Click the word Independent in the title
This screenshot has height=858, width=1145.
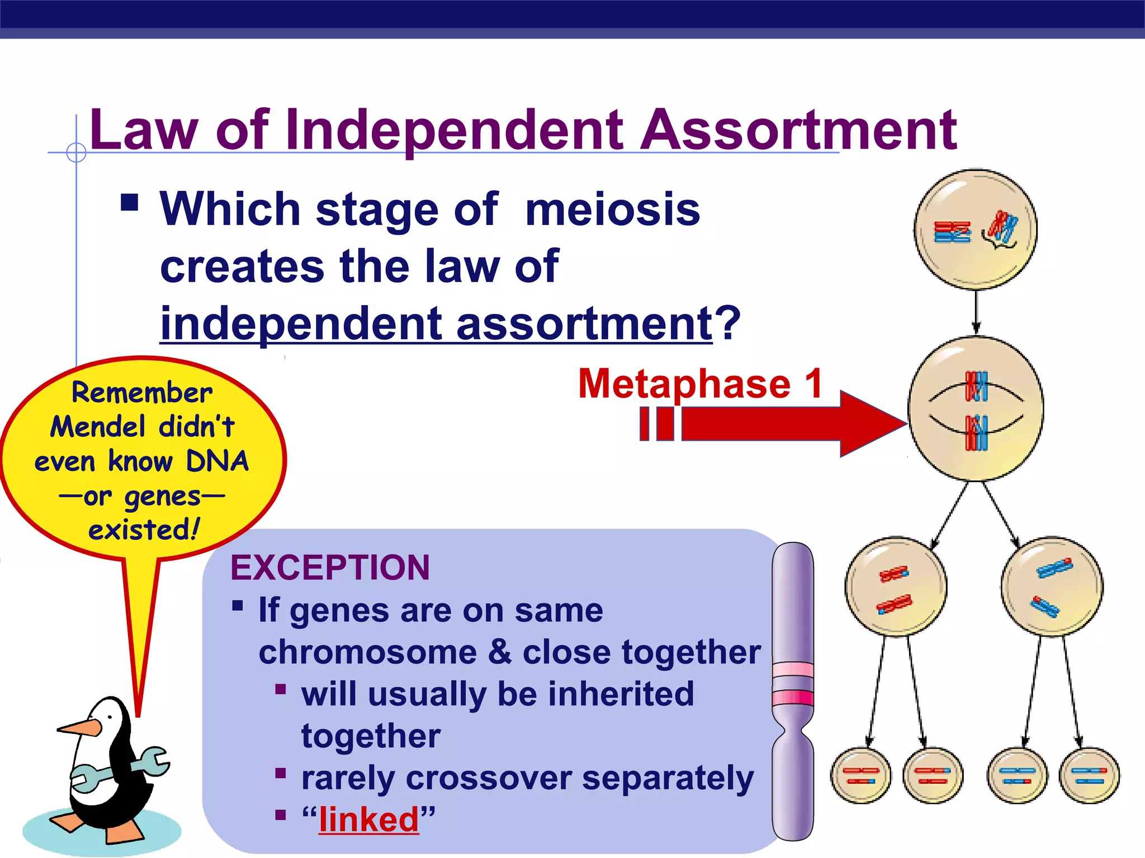click(x=454, y=130)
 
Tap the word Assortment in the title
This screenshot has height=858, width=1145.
click(x=798, y=130)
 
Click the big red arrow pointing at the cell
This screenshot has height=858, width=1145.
click(x=783, y=423)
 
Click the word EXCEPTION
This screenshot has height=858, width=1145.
click(x=330, y=568)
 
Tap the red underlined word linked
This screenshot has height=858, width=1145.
click(x=369, y=819)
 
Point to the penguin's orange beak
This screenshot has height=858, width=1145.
click(x=78, y=727)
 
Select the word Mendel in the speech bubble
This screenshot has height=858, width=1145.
click(x=98, y=427)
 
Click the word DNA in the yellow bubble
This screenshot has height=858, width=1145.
click(x=217, y=461)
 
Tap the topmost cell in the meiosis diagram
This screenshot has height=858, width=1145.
click(x=976, y=230)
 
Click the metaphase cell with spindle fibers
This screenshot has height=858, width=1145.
click(x=976, y=409)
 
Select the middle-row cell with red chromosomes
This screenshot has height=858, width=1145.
click(x=896, y=587)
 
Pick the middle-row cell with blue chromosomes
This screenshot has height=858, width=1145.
click(x=1052, y=587)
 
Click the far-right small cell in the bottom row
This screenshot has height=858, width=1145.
click(x=1089, y=776)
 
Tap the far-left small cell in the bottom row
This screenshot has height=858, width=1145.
click(x=860, y=776)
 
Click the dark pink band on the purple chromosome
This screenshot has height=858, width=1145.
click(x=793, y=697)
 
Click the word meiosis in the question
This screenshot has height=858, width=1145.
click(x=612, y=209)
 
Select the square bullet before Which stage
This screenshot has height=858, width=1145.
click(x=129, y=202)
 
